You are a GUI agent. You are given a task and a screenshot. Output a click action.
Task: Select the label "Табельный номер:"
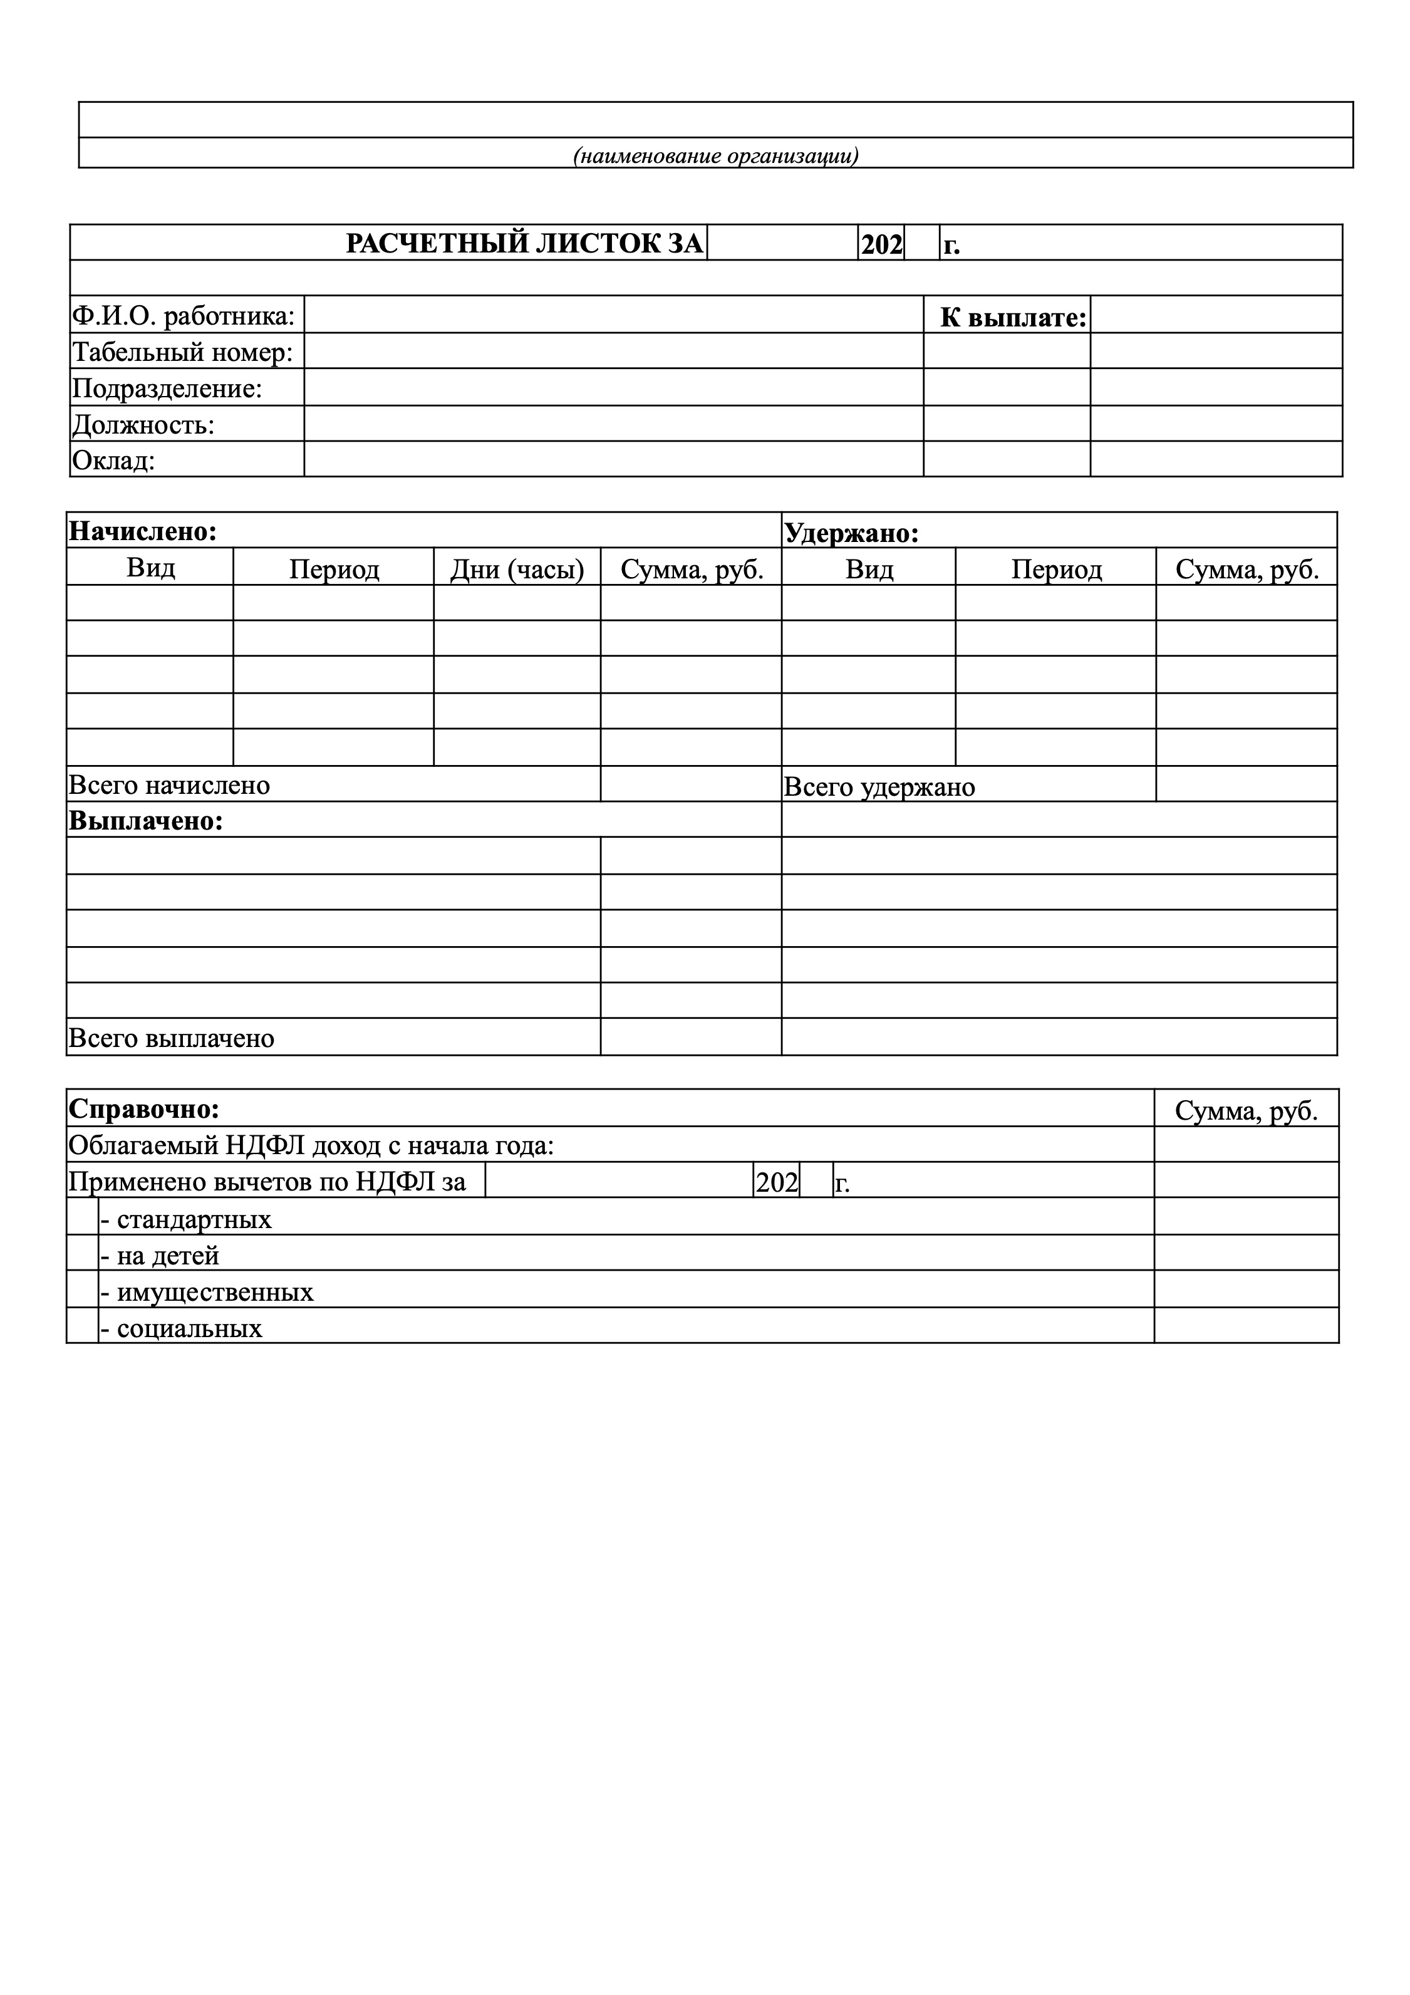[x=182, y=352]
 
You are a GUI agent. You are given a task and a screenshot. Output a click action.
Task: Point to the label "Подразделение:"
[x=167, y=388]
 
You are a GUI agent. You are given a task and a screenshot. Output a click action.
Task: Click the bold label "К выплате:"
[x=1013, y=318]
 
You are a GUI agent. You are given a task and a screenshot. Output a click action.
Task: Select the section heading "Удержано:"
[x=851, y=533]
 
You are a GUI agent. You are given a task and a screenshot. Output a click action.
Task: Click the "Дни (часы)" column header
[x=517, y=569]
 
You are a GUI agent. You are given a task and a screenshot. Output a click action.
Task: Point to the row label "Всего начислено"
[x=169, y=786]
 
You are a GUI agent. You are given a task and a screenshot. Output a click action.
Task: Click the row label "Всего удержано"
[x=879, y=787]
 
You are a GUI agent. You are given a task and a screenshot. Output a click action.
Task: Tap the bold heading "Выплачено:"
[x=146, y=821]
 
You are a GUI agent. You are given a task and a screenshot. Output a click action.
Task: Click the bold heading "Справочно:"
[x=144, y=1110]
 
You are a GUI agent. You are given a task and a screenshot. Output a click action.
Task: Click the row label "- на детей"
[x=160, y=1256]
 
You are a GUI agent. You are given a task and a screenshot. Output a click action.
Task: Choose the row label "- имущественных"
[x=207, y=1292]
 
